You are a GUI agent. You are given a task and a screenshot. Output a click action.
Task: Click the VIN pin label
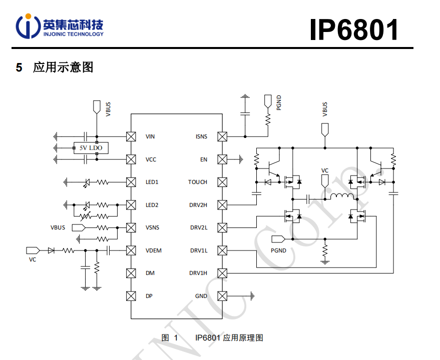[x=150, y=136]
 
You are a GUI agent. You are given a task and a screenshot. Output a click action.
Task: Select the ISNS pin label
[x=201, y=136]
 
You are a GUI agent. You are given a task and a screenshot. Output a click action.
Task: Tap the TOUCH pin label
[x=198, y=182]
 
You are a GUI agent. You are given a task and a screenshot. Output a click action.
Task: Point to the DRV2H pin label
[x=198, y=205]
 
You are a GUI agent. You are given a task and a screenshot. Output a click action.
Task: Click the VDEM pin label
[x=153, y=250]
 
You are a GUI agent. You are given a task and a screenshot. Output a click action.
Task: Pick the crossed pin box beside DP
[x=131, y=296]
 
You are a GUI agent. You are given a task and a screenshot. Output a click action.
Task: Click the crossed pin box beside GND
[x=222, y=296]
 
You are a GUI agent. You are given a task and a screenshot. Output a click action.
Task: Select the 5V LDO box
[x=91, y=148]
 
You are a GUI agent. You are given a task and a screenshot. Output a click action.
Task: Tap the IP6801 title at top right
[x=354, y=29]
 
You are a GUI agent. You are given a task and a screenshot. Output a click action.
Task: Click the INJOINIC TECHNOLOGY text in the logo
[x=73, y=34]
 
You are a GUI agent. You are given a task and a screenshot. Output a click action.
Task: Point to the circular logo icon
[x=28, y=26]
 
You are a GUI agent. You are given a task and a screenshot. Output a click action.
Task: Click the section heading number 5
[x=19, y=67]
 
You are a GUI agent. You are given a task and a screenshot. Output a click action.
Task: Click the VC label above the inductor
[x=325, y=170]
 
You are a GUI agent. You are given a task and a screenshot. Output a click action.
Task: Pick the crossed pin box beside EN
[x=222, y=159]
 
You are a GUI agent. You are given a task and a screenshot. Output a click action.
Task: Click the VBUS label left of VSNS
[x=58, y=227]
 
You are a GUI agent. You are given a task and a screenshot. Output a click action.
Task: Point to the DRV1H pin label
[x=198, y=273]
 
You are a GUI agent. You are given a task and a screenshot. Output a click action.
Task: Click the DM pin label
[x=150, y=273]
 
